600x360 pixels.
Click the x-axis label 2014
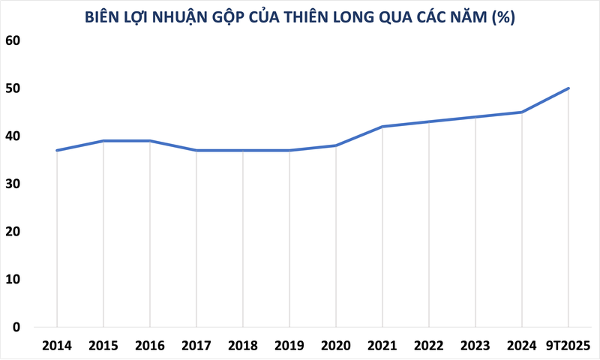pyautogui.click(x=57, y=346)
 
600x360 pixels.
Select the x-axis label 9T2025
pyautogui.click(x=568, y=346)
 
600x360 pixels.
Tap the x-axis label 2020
pyautogui.click(x=336, y=346)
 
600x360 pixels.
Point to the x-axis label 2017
pyautogui.click(x=196, y=346)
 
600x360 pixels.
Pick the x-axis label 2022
pyautogui.click(x=429, y=346)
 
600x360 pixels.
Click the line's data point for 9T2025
pyautogui.click(x=568, y=88)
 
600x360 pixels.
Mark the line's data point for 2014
pyautogui.click(x=57, y=150)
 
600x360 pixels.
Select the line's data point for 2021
pyautogui.click(x=382, y=127)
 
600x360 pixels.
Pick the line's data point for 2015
pyautogui.click(x=103, y=141)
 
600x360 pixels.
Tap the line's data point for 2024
pyautogui.click(x=522, y=112)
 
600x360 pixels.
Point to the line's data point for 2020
pyautogui.click(x=336, y=145)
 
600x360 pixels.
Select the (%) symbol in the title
pyautogui.click(x=502, y=16)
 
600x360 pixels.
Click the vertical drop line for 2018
pyautogui.click(x=243, y=240)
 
